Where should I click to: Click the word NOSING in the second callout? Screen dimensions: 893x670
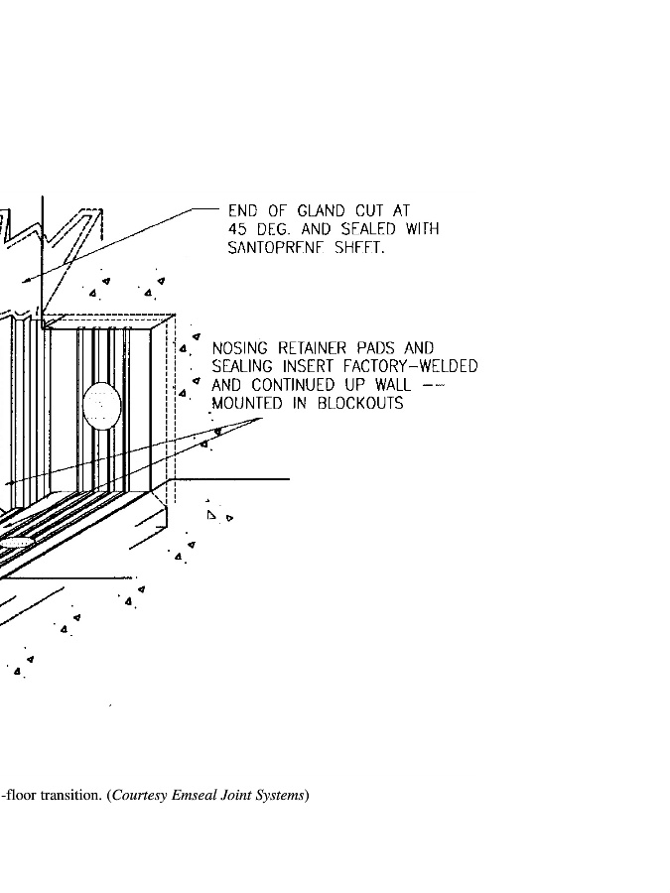240,348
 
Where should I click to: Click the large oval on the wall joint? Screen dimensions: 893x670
101,407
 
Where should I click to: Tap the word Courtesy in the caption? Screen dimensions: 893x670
139,795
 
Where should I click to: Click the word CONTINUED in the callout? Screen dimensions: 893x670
295,385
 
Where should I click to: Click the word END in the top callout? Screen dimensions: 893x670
243,210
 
